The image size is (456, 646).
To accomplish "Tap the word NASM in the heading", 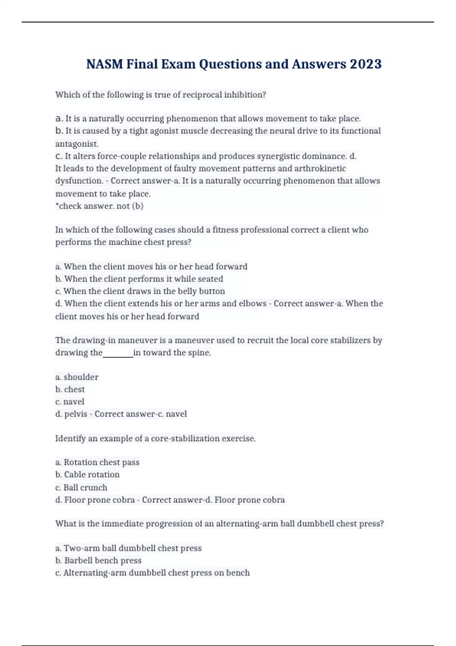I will click(104, 64).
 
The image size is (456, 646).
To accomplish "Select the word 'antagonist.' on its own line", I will click(77, 144).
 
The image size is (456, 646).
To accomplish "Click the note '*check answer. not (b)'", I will click(99, 206).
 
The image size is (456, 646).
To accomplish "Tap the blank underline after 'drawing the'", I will click(118, 353).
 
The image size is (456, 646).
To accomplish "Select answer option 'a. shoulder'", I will click(77, 377).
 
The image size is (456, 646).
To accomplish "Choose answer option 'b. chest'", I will click(70, 389).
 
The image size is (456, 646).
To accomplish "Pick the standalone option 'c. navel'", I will click(70, 402).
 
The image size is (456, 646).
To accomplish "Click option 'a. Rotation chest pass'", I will click(97, 462).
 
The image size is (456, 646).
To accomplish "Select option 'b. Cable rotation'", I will click(87, 475).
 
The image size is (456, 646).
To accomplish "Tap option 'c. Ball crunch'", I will click(81, 487).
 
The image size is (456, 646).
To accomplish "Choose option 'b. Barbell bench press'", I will click(98, 560).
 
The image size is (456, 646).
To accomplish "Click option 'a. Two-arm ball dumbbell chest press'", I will click(128, 548).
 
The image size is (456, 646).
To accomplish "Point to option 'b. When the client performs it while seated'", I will click(139, 279).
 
